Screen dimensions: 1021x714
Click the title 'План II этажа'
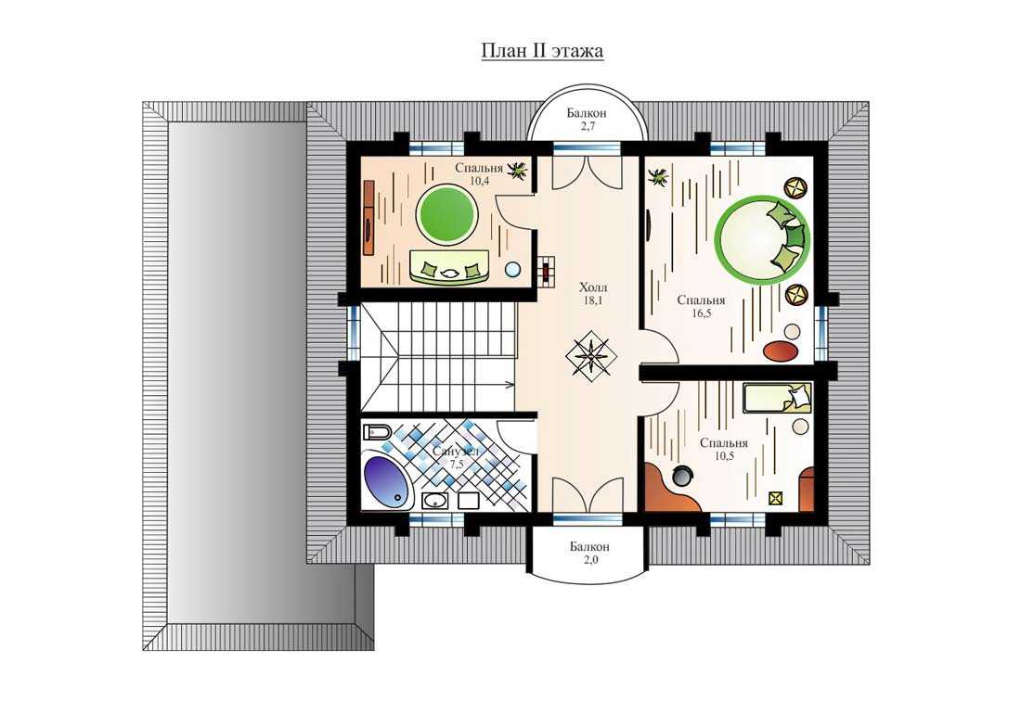(x=542, y=51)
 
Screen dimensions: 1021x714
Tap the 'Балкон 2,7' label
(x=587, y=119)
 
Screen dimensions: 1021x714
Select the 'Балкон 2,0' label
(x=590, y=552)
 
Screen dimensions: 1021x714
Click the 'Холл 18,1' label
(x=592, y=293)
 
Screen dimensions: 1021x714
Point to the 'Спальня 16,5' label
(x=702, y=306)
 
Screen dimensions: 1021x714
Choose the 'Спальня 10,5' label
(x=724, y=449)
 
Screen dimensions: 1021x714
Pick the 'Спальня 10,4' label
(x=479, y=174)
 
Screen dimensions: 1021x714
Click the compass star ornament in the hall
(x=590, y=355)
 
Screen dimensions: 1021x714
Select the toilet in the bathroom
(x=377, y=432)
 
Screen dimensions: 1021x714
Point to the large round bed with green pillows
(x=762, y=237)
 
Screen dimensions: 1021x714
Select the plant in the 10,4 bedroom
(x=518, y=171)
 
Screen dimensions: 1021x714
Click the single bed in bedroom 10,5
(x=778, y=397)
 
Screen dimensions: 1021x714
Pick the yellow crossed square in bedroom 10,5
(x=776, y=498)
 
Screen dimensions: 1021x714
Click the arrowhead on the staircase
(x=511, y=385)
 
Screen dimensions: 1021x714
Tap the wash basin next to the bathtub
(x=434, y=500)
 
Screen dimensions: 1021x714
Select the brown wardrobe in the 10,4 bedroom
(x=368, y=219)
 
